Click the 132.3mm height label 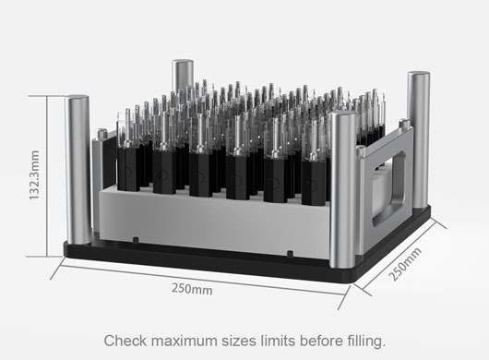pyautogui.click(x=34, y=175)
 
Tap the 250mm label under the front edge pyautogui.click(x=192, y=289)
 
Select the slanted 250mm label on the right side pyautogui.click(x=405, y=264)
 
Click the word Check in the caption pyautogui.click(x=125, y=341)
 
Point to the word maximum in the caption pyautogui.click(x=184, y=341)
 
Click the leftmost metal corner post pyautogui.click(x=78, y=170)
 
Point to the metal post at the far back pyautogui.click(x=183, y=75)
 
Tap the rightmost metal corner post pyautogui.click(x=419, y=139)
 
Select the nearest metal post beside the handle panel pyautogui.click(x=342, y=189)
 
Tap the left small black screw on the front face pyautogui.click(x=136, y=240)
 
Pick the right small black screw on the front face pyautogui.click(x=290, y=254)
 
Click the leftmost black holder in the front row pyautogui.click(x=128, y=168)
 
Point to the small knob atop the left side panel pyautogui.click(x=102, y=133)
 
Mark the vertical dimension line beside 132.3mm pyautogui.click(x=46, y=176)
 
